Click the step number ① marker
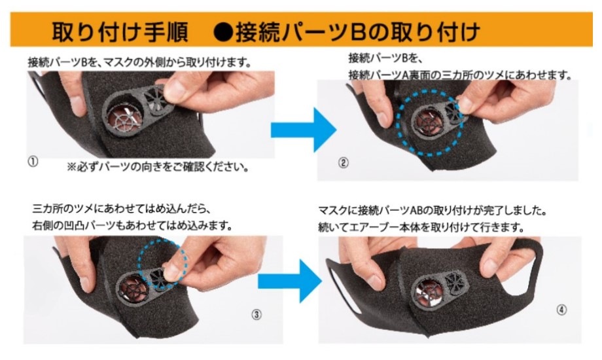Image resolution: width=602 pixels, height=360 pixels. click(x=33, y=162)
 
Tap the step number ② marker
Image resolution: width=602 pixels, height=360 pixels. click(x=344, y=163)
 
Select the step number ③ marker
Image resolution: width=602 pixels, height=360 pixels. click(x=257, y=315)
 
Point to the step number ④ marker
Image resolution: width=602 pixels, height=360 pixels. click(x=561, y=310)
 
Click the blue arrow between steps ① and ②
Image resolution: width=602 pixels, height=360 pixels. click(x=304, y=130)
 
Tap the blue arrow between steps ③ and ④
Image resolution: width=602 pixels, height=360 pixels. click(x=289, y=281)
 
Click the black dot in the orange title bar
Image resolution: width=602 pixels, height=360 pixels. click(x=223, y=31)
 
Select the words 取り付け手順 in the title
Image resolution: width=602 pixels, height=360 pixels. click(x=120, y=31)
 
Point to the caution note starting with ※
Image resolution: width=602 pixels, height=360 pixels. click(x=158, y=167)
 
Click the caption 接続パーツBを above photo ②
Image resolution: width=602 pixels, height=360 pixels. click(x=385, y=58)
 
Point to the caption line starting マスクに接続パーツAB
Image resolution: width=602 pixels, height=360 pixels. click(x=433, y=211)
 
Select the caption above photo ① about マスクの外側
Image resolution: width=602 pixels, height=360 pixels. click(x=140, y=62)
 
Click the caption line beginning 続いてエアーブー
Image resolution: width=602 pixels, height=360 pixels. click(x=421, y=227)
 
